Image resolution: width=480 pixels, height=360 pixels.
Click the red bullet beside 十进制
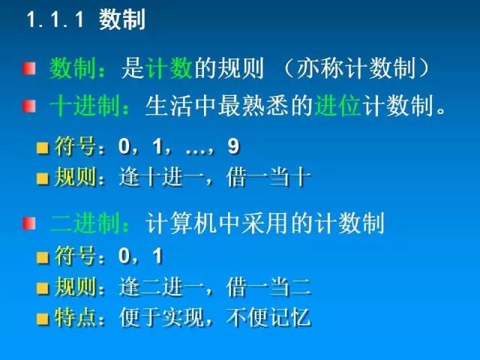[x=29, y=106]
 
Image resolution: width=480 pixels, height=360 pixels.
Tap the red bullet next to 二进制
[x=29, y=223]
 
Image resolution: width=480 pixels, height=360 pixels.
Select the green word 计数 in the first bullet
[x=169, y=68]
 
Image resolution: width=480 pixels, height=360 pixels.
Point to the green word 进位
[x=337, y=106]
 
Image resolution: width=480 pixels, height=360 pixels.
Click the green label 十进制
[x=85, y=106]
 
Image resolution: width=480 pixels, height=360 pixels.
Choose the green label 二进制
[x=85, y=223]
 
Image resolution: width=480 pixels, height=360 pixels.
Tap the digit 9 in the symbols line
[x=233, y=146]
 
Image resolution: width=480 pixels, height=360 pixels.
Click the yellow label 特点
[x=75, y=317]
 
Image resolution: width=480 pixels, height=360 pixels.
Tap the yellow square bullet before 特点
[x=43, y=319]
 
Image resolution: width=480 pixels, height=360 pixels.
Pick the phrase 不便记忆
[x=268, y=317]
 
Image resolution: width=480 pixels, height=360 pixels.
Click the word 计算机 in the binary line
[x=181, y=223]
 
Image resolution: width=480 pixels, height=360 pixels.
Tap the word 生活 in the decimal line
[x=169, y=106]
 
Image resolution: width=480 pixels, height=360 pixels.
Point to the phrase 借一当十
[x=268, y=177]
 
